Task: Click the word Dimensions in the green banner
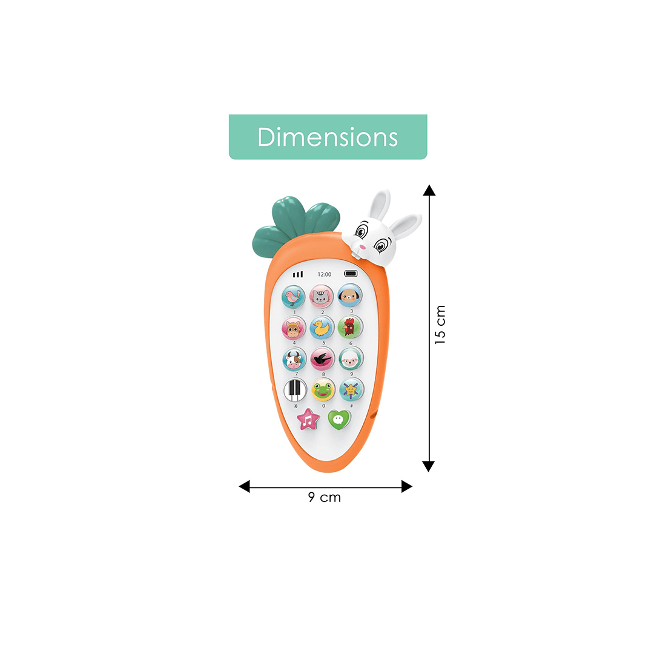coord(328,137)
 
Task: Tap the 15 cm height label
coord(440,325)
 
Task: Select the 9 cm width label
coord(325,498)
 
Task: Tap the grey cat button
coord(322,296)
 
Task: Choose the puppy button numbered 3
coord(349,296)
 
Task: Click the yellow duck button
coord(322,328)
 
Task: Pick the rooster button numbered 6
coord(350,327)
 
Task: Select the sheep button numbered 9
coord(351,358)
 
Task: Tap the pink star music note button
coord(308,419)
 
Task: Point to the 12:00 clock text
coord(325,274)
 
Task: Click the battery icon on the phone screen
coord(351,274)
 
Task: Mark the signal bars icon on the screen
coord(297,274)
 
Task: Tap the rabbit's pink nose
coord(362,247)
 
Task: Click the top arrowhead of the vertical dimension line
coord(429,190)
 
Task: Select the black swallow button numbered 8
coord(322,359)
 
